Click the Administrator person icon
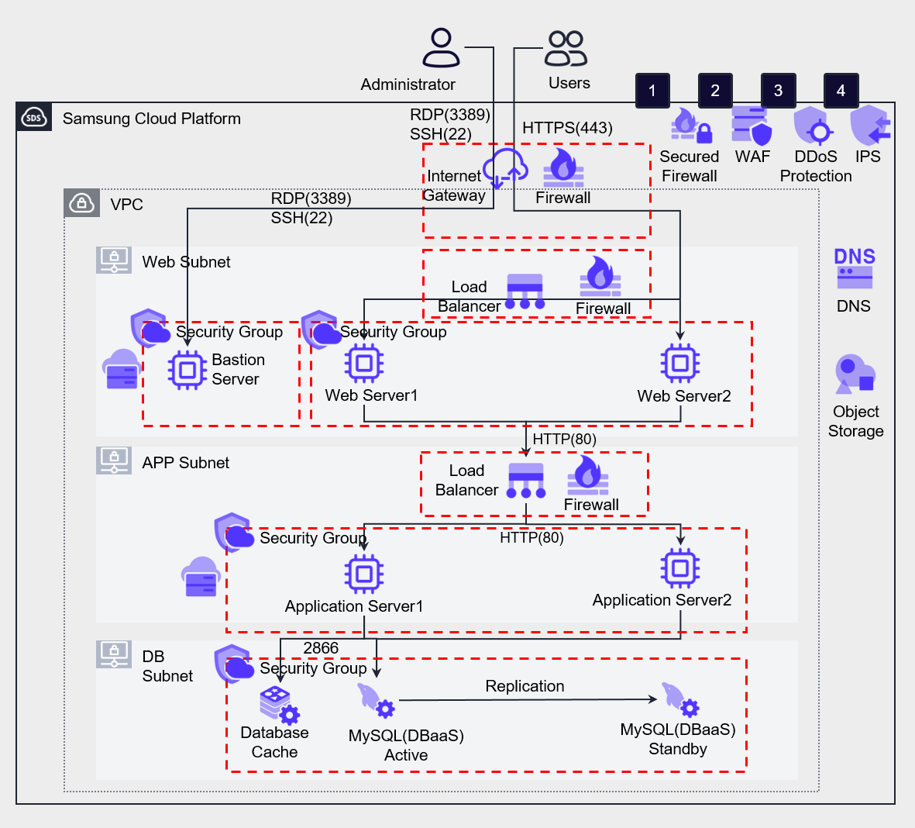[x=441, y=48]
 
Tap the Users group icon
[x=566, y=48]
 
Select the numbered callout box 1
[x=652, y=91]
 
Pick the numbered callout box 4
[x=841, y=91]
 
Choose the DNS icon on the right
[x=854, y=268]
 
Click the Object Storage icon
[x=855, y=374]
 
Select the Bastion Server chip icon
[x=187, y=370]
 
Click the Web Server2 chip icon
[x=679, y=363]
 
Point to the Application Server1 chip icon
[x=364, y=574]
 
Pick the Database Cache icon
[x=277, y=704]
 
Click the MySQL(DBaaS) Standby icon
[x=679, y=699]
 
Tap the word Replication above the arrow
[x=525, y=686]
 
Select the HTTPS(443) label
[x=567, y=128]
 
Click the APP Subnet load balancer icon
[x=526, y=481]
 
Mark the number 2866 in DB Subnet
[x=321, y=648]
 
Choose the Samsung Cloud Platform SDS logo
[x=34, y=118]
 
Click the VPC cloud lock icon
[x=81, y=203]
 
